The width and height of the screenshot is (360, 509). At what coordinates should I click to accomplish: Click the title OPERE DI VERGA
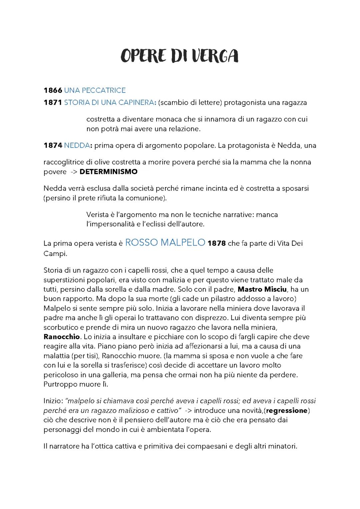[x=179, y=56]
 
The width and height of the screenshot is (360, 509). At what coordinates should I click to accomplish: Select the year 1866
[x=53, y=90]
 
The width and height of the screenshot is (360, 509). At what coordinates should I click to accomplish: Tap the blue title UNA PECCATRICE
[x=95, y=90]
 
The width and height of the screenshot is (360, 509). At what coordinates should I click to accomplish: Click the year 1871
[x=53, y=103]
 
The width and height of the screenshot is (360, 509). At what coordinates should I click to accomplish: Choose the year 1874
[x=53, y=145]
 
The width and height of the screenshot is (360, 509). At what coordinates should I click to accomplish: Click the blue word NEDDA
[x=77, y=145]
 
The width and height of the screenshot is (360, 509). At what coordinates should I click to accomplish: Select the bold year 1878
[x=217, y=243]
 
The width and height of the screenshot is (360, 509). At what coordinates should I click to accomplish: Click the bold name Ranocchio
[x=62, y=337]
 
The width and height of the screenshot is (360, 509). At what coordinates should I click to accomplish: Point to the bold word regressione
[x=287, y=410]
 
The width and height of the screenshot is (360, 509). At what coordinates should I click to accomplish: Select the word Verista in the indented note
[x=97, y=215]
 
